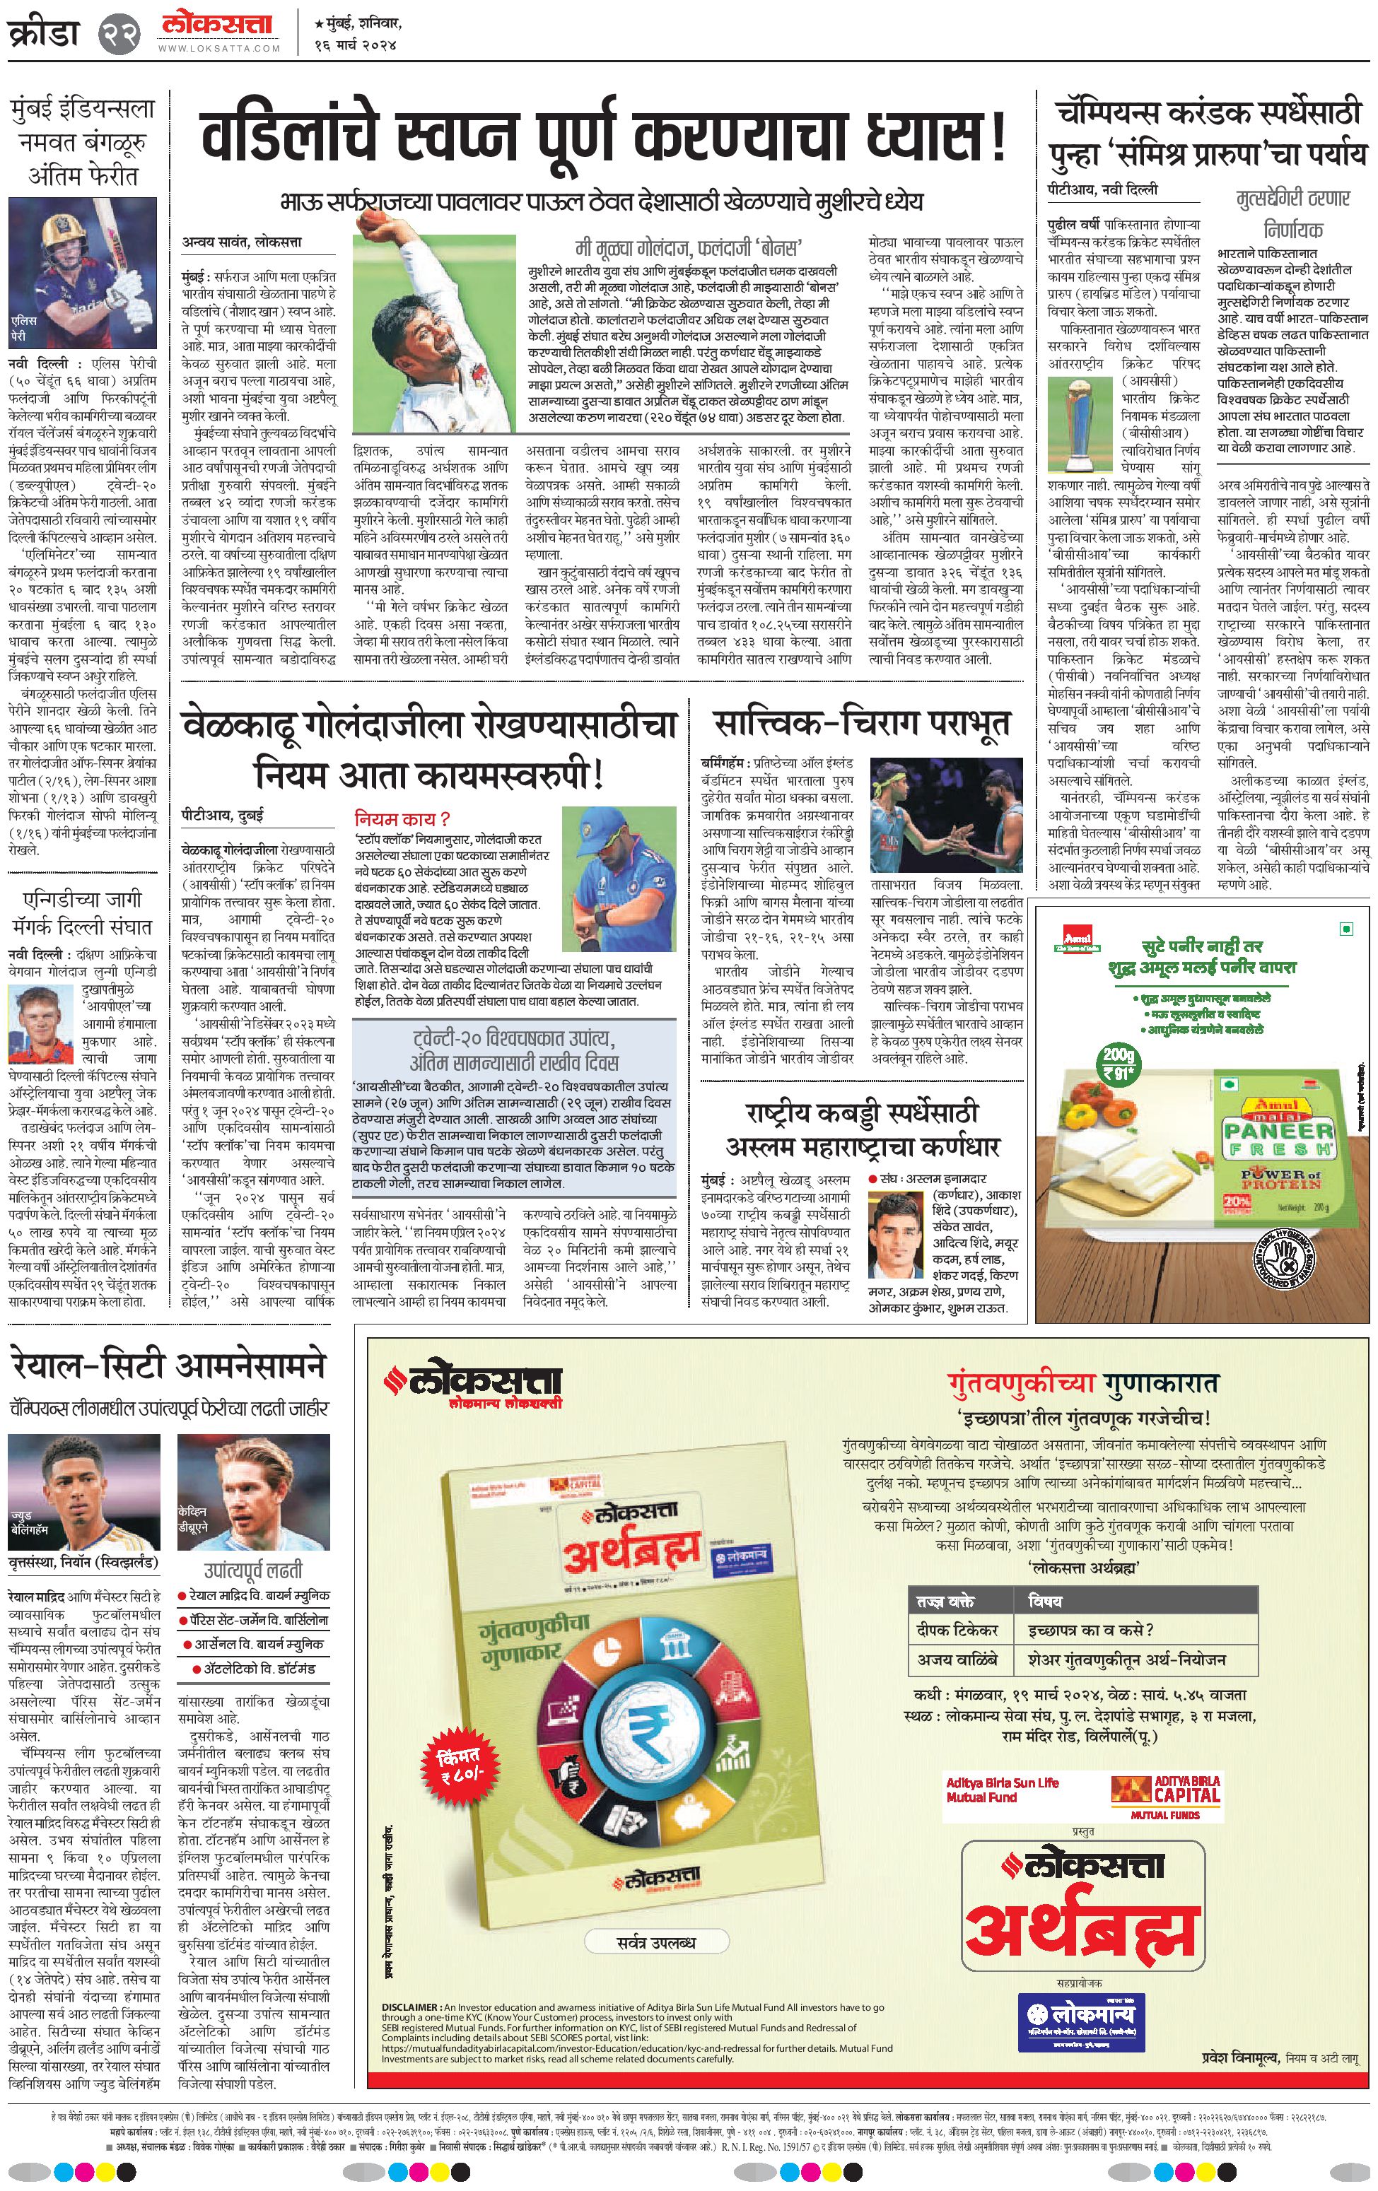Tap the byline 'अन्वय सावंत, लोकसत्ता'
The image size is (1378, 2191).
[x=241, y=242]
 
